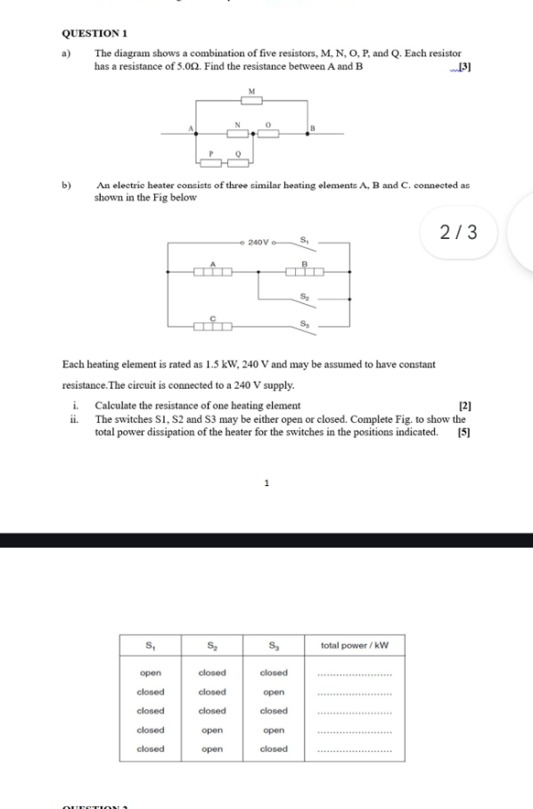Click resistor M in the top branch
(251, 101)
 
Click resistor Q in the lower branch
(238, 162)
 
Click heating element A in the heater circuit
(213, 272)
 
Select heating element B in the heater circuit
(304, 272)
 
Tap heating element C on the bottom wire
(213, 327)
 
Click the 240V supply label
(258, 242)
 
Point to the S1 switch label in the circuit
(305, 238)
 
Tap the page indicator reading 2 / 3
(459, 233)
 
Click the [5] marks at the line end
(463, 432)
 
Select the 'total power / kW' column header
(355, 645)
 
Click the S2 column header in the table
(212, 645)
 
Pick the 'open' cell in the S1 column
(151, 673)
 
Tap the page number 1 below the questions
(266, 483)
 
